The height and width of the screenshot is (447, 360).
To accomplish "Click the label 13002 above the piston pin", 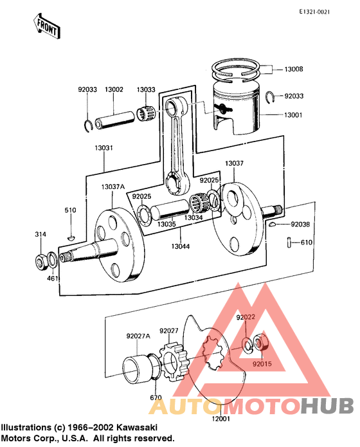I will [114, 90].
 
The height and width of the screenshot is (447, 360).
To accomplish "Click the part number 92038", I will [300, 224].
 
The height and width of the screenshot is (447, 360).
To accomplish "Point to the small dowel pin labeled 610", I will [289, 242].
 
